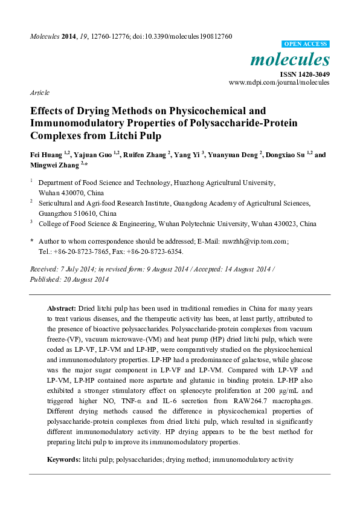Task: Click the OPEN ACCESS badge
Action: tap(306, 44)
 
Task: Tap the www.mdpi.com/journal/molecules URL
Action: tap(279, 82)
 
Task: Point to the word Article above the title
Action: tap(39, 93)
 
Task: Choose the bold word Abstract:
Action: tap(62, 308)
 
